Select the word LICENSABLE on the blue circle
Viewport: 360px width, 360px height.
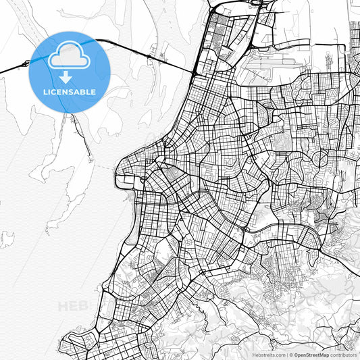pos(70,92)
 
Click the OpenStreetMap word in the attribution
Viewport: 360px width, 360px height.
pos(310,354)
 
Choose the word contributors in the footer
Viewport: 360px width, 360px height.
pos(342,354)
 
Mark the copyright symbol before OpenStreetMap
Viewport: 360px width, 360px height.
pos(290,354)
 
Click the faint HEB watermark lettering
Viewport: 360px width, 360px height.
pos(74,307)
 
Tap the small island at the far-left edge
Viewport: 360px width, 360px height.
pos(7,238)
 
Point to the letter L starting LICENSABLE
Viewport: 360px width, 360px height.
pos(45,92)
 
